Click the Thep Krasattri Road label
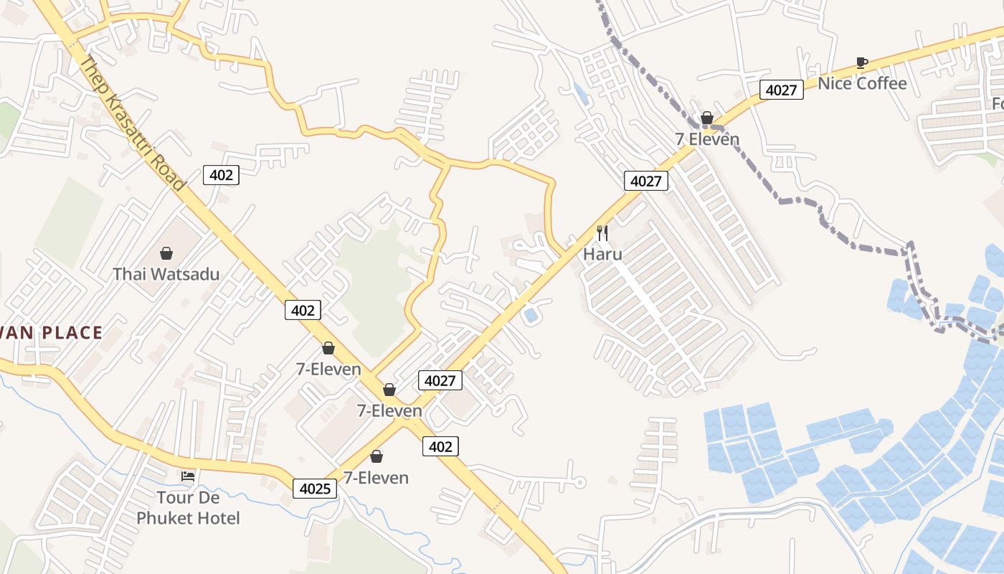132,123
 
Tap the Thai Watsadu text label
166,274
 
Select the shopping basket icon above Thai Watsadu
166,253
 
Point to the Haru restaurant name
602,254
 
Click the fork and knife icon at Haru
602,232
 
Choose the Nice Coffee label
862,83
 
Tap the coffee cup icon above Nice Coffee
862,62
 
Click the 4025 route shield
315,489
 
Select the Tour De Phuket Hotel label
188,507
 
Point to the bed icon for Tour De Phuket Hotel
188,476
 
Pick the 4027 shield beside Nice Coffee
781,90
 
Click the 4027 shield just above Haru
645,181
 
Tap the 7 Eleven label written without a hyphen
707,139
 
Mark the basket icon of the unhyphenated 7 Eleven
707,118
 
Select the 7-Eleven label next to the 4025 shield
376,478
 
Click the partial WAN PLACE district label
51,333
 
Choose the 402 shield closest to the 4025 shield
440,446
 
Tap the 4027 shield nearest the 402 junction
440,380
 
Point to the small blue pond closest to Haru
531,315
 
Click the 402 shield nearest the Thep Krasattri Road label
220,175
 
